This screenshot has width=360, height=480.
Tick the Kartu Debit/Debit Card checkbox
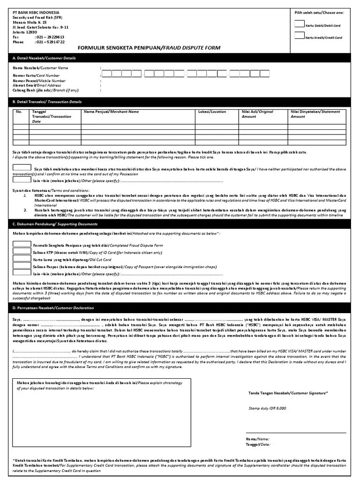299,23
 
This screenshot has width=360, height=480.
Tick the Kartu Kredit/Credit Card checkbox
299,36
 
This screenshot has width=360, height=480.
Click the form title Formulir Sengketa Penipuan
148,48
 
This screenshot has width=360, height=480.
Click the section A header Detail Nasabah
44,58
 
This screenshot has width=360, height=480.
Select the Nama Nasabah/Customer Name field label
40,68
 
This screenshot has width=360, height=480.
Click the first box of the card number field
107,74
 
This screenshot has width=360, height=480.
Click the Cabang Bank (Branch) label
45,90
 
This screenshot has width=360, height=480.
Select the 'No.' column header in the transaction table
19,112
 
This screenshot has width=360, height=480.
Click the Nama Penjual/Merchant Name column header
111,112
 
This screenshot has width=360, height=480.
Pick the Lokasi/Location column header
212,112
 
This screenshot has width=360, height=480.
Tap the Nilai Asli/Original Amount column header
257,114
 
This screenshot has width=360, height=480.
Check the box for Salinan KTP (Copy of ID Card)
22,251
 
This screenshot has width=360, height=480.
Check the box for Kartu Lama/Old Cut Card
22,258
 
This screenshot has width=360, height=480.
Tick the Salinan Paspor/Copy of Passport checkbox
22,265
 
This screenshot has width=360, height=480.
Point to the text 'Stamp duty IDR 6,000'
267,408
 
